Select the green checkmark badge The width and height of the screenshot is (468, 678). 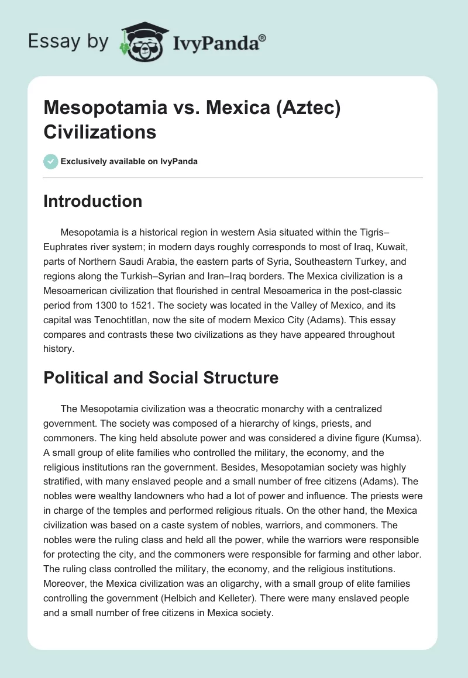pyautogui.click(x=51, y=161)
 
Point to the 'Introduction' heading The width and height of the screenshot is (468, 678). pyautogui.click(x=93, y=201)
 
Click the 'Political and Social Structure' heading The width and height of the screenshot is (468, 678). pyautogui.click(x=161, y=378)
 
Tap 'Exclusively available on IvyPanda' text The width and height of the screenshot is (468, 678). pyautogui.click(x=130, y=161)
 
